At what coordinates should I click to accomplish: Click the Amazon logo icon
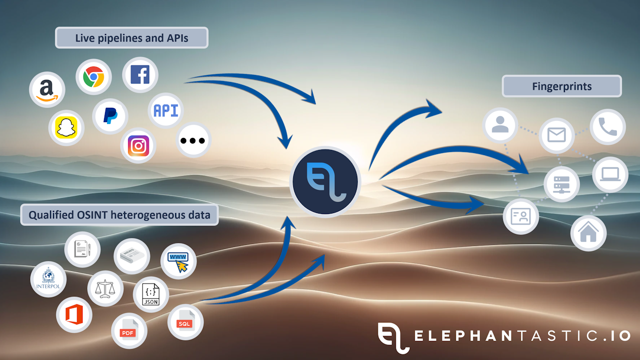47,89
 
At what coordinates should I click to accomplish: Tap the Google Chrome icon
94,77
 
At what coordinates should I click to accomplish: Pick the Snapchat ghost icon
67,128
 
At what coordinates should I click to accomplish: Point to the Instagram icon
139,145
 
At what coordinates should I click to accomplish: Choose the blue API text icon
166,110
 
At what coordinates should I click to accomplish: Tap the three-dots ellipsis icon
194,140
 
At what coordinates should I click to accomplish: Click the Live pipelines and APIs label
132,37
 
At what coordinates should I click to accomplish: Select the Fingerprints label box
561,86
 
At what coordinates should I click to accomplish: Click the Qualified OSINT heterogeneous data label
120,215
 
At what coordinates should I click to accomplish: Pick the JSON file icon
151,294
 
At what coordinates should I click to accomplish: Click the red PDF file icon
129,330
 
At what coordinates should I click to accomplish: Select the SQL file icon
185,322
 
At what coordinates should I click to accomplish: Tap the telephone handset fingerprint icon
607,127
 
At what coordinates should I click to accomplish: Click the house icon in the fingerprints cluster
588,233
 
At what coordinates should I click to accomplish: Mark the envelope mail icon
556,135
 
